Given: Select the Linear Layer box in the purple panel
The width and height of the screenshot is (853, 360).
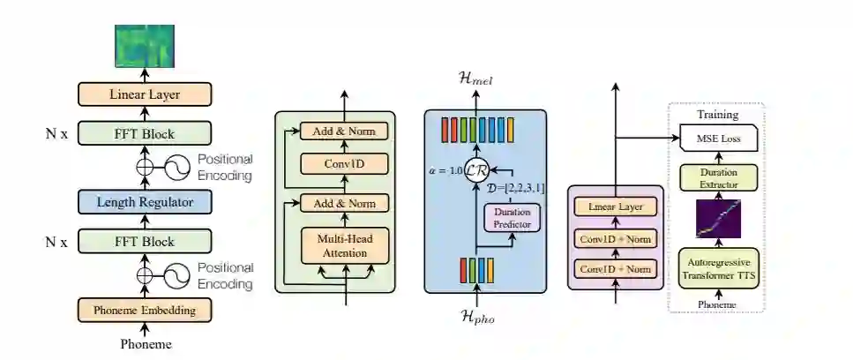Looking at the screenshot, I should click(616, 207).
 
